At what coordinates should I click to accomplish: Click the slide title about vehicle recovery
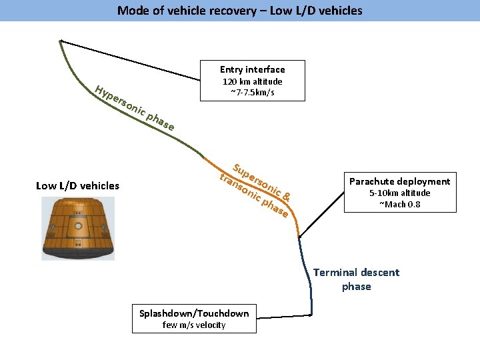pos(240,10)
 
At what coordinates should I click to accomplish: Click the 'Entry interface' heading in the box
pos(252,69)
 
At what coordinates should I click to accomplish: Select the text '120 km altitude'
pos(252,81)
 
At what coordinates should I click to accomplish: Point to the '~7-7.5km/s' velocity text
pos(252,92)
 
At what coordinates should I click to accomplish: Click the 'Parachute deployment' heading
pos(400,181)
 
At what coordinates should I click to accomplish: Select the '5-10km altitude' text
pos(400,193)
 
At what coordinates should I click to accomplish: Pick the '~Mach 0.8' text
pos(400,204)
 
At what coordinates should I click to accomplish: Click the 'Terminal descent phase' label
pos(356,279)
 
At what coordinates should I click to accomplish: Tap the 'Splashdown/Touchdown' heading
pos(194,313)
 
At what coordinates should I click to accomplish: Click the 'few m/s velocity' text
pos(194,325)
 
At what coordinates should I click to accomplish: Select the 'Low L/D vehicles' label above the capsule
pos(77,185)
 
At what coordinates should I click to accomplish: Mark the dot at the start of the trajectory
pos(61,41)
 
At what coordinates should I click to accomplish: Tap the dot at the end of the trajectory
pos(311,315)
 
